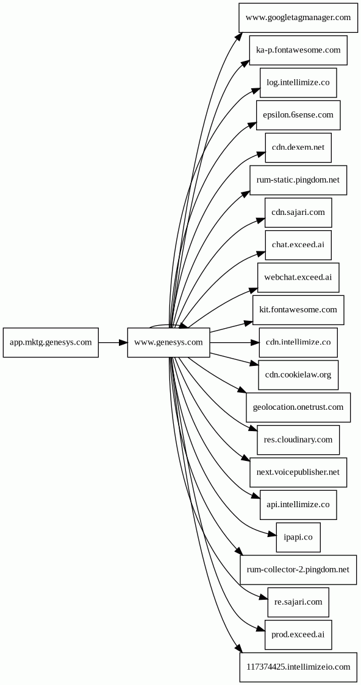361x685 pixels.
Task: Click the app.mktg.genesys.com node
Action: [x=51, y=342]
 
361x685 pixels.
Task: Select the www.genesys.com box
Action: [x=169, y=342]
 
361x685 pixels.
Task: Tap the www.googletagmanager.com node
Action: [x=298, y=18]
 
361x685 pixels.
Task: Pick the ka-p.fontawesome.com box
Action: [x=298, y=51]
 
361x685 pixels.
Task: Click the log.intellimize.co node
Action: [x=298, y=83]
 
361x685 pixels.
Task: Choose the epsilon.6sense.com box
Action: [x=298, y=115]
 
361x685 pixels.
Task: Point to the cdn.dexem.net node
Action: [x=298, y=148]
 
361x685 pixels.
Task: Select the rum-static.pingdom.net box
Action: [x=298, y=180]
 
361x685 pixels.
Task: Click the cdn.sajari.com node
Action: [x=298, y=213]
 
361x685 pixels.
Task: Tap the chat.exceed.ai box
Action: [x=298, y=245]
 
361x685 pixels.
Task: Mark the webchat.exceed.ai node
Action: [x=298, y=278]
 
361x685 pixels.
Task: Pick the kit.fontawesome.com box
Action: [x=298, y=310]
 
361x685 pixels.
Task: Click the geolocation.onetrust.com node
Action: [x=298, y=407]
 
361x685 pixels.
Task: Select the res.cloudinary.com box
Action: [x=298, y=440]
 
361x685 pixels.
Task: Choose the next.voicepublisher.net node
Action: [x=298, y=472]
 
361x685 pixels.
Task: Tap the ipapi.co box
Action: [x=298, y=537]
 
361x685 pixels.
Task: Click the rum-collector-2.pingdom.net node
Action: [x=298, y=570]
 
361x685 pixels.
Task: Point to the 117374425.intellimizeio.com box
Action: [x=298, y=667]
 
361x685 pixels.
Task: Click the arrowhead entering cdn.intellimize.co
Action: [x=255, y=342]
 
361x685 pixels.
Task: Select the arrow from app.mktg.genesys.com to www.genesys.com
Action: [x=113, y=342]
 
